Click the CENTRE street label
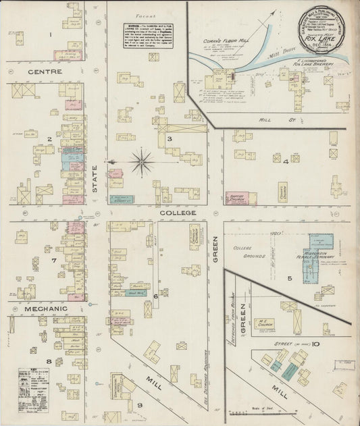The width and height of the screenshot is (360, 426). click(x=46, y=71)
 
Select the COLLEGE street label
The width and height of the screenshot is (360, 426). click(x=178, y=213)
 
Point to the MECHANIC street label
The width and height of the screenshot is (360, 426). click(x=46, y=309)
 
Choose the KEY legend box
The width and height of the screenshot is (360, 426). click(x=33, y=385)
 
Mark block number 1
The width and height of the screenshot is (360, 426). click(x=51, y=33)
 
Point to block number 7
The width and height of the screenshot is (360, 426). click(x=53, y=260)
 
